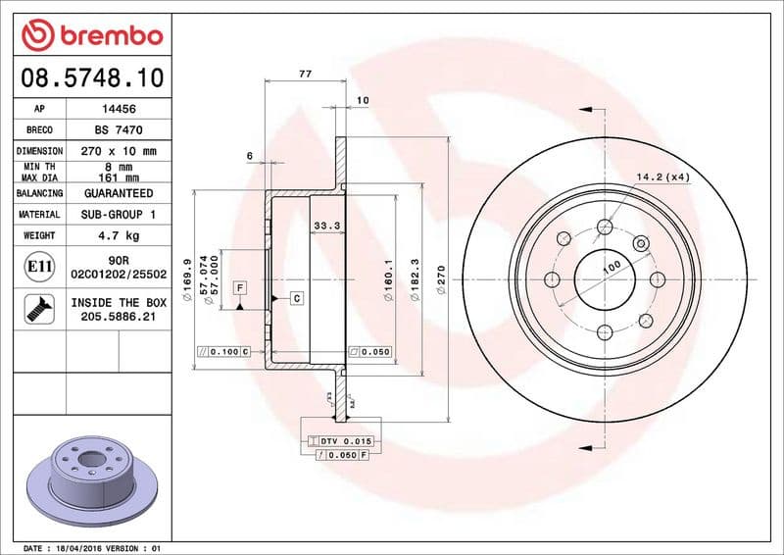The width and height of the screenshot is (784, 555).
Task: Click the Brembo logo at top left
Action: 91,36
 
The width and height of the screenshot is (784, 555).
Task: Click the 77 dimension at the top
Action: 305,74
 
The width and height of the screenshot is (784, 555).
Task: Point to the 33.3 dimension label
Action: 326,226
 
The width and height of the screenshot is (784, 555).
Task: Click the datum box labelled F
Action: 239,287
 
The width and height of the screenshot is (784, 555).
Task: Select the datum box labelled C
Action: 296,296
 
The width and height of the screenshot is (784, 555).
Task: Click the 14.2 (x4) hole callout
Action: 663,177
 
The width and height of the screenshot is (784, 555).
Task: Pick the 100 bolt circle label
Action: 612,267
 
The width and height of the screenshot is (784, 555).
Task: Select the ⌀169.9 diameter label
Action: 187,268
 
